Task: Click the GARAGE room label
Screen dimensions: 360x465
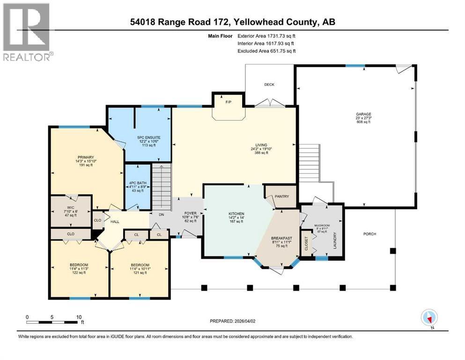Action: (x=362, y=114)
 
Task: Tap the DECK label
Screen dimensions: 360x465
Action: (x=269, y=85)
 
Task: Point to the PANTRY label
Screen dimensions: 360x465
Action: (x=282, y=196)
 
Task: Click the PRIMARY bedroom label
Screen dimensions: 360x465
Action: (x=86, y=157)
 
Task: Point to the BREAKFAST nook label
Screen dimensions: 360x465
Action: (x=281, y=238)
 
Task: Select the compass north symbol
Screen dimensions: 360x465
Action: (x=429, y=318)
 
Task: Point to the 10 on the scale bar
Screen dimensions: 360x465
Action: (x=79, y=316)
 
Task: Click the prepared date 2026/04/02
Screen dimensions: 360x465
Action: (x=253, y=321)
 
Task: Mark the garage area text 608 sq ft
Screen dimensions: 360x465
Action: (x=362, y=122)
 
